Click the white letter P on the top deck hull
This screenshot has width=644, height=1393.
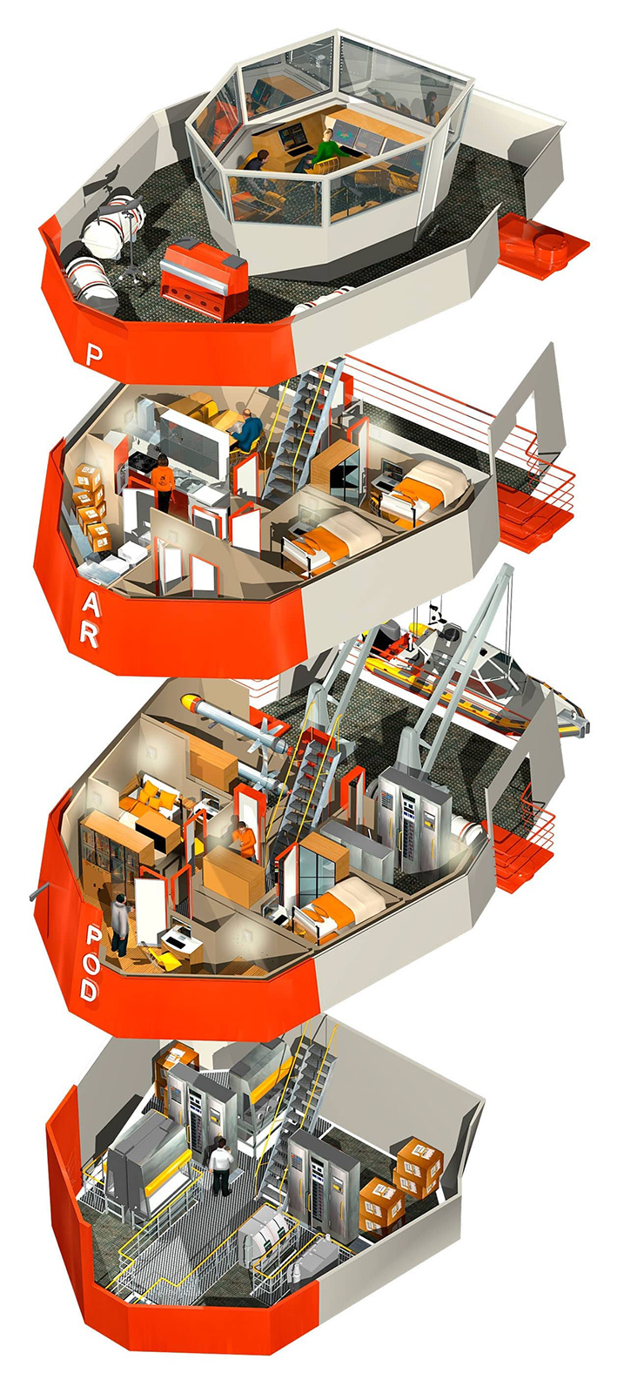point(93,355)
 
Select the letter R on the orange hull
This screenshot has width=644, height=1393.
point(90,635)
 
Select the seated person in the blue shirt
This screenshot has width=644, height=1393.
point(247,429)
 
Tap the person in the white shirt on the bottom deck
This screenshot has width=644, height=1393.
point(220,1165)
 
